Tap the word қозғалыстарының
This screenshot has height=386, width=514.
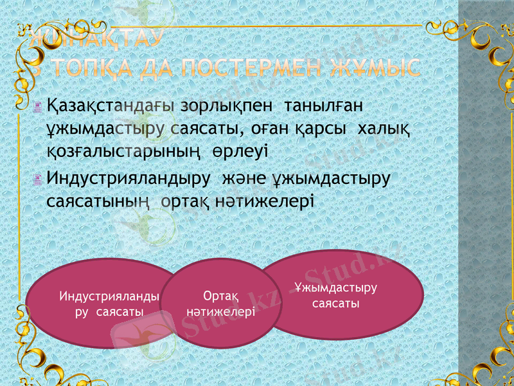tap(125, 152)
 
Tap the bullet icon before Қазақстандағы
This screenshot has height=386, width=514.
tap(39, 106)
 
